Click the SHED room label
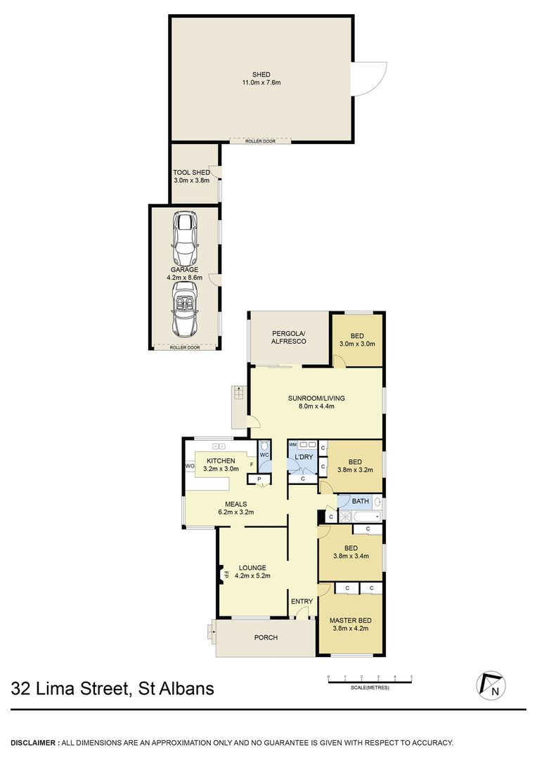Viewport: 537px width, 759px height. (x=261, y=74)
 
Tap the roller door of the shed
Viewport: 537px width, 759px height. (x=261, y=141)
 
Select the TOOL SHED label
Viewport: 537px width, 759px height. (x=192, y=172)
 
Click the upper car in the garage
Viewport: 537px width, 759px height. (x=185, y=239)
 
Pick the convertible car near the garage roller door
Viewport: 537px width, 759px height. (x=185, y=310)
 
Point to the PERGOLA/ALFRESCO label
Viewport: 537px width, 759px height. (x=289, y=337)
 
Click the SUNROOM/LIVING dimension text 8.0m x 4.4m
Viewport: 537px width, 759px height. (x=317, y=406)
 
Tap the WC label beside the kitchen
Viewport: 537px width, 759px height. (x=264, y=455)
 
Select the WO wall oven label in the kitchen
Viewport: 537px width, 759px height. (x=190, y=466)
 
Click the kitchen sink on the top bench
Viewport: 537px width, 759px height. (x=219, y=446)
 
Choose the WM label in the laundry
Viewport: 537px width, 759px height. (x=292, y=444)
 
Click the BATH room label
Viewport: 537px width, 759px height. (x=361, y=501)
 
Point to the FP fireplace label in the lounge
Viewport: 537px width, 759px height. (x=226, y=575)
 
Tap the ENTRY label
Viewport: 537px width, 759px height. (x=302, y=601)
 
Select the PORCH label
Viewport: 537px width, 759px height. (x=266, y=637)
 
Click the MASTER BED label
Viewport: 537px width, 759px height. (x=351, y=621)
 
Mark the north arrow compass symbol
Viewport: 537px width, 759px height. (x=491, y=685)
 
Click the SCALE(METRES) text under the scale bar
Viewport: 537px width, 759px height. (x=370, y=688)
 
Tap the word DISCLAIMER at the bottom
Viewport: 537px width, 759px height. (x=34, y=743)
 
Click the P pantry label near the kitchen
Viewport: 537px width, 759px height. (x=259, y=479)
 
